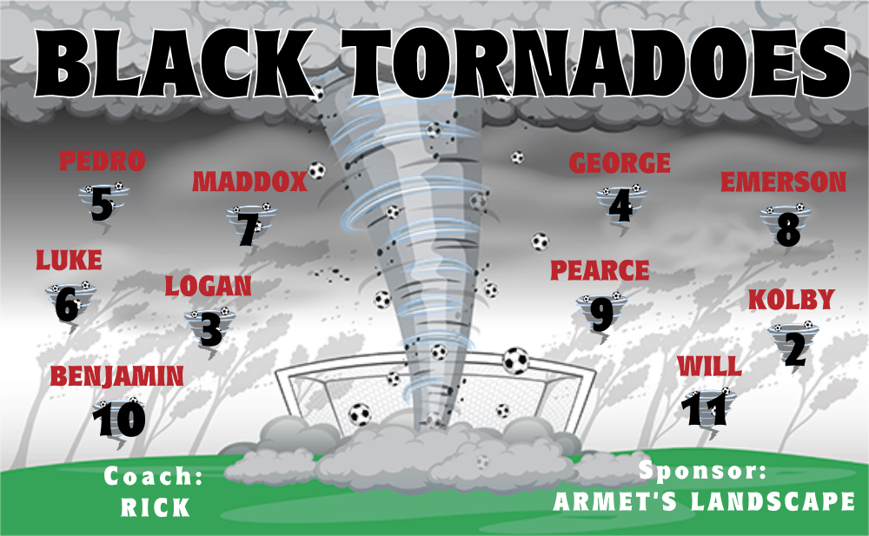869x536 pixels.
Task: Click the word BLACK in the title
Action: point(173,63)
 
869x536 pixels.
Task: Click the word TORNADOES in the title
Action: point(596,63)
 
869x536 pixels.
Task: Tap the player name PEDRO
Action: point(102,161)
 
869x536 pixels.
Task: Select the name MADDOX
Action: point(249,182)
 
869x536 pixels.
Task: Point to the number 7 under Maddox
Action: point(248,228)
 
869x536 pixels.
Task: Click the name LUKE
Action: point(69,260)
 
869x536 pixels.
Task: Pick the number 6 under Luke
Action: point(67,304)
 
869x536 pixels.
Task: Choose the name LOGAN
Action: point(208,286)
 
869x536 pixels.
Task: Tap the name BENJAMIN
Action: point(117,376)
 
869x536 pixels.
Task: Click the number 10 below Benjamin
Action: point(119,419)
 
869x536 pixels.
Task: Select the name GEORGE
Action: point(620,163)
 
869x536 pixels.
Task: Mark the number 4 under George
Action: point(620,206)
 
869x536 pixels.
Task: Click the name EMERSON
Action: point(783,182)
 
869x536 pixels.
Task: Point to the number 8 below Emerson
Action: point(788,230)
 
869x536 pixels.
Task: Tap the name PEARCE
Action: point(600,270)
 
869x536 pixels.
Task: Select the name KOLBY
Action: point(792,300)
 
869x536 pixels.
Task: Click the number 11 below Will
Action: point(704,410)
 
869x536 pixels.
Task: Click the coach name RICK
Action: point(156,507)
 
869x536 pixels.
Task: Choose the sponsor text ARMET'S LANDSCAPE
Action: point(704,501)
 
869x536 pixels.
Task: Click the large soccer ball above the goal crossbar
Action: point(516,361)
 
